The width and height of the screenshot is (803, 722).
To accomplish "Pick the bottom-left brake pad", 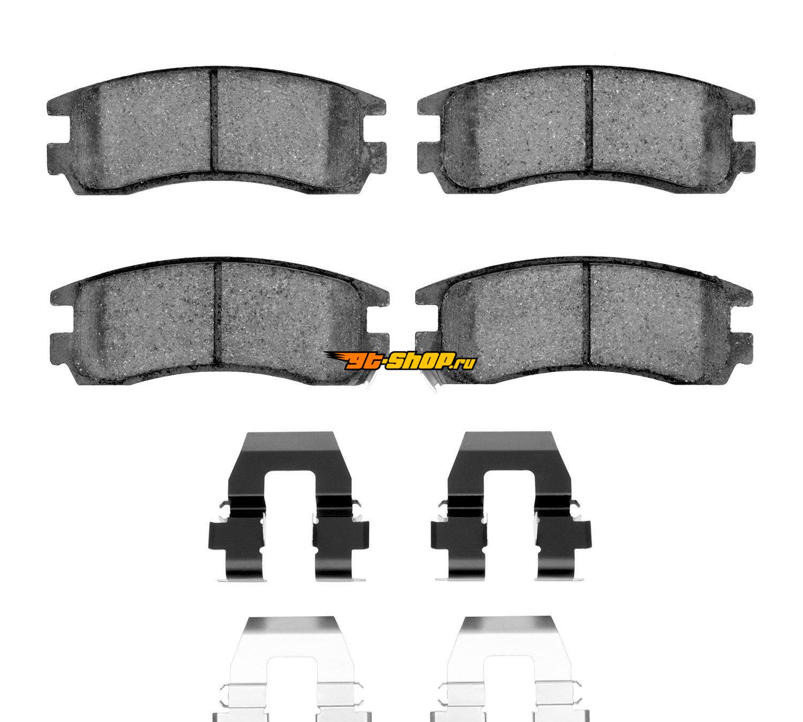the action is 219,323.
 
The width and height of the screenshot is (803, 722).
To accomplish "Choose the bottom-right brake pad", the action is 585,323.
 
